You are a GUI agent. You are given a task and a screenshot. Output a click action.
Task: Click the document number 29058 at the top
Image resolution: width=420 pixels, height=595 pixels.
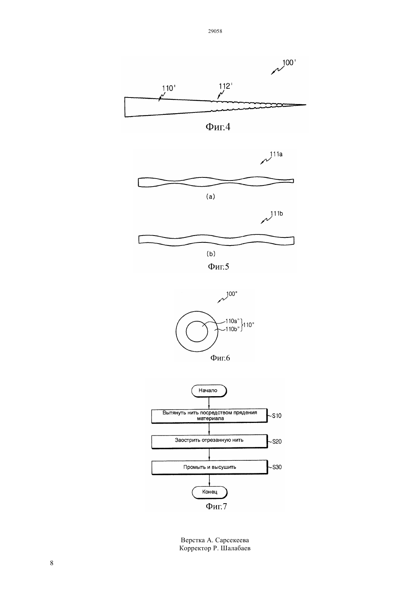(215, 31)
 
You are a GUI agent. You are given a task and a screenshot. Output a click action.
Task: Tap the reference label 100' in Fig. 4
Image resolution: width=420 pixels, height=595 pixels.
(289, 63)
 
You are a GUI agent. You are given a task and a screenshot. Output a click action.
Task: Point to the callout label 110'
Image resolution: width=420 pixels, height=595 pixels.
(169, 88)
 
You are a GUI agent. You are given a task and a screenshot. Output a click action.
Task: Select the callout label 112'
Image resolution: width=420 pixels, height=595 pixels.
(226, 86)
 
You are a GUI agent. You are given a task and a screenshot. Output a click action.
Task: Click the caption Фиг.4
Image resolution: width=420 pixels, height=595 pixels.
(218, 127)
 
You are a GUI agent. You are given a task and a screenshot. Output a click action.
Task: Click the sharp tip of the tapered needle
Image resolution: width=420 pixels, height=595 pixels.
(306, 105)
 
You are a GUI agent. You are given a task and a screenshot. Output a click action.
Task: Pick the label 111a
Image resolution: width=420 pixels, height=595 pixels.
(276, 154)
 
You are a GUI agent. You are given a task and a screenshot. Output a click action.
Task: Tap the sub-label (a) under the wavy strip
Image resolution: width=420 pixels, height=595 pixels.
(210, 197)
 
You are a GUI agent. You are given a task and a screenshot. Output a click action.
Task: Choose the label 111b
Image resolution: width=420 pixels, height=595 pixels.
(276, 213)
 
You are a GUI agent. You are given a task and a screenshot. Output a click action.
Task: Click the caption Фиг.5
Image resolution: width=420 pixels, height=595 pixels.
(218, 267)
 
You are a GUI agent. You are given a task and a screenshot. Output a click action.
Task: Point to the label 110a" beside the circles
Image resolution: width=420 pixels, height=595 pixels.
(233, 321)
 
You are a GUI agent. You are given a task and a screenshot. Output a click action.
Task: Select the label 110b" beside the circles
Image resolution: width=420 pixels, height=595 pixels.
(233, 329)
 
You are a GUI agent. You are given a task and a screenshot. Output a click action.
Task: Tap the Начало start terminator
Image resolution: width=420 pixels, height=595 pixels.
(209, 391)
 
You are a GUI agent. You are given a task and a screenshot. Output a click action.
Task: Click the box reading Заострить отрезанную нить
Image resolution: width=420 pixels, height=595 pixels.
(210, 441)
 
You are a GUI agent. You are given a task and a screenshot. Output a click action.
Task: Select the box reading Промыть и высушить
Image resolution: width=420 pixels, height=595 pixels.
(210, 467)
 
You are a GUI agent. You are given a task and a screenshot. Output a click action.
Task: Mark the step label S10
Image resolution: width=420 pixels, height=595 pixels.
(277, 416)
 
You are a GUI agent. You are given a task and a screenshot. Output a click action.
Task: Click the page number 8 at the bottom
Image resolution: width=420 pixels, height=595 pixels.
(52, 563)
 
